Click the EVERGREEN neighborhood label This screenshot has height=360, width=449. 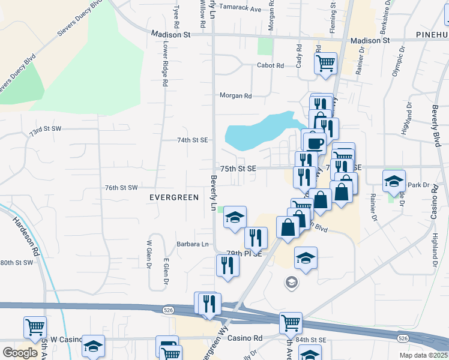tap(173, 197)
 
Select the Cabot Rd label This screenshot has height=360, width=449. tap(270, 65)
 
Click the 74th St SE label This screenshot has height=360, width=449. tap(192, 140)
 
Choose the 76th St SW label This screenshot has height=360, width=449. tap(122, 188)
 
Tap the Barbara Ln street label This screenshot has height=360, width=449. tap(193, 244)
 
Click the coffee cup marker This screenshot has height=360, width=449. tap(315, 143)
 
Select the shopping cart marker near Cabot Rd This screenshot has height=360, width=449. tap(325, 64)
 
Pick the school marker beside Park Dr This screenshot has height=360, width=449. tap(393, 181)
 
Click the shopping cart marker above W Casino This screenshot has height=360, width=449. tap(35, 328)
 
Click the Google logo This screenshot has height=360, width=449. tap(20, 352)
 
